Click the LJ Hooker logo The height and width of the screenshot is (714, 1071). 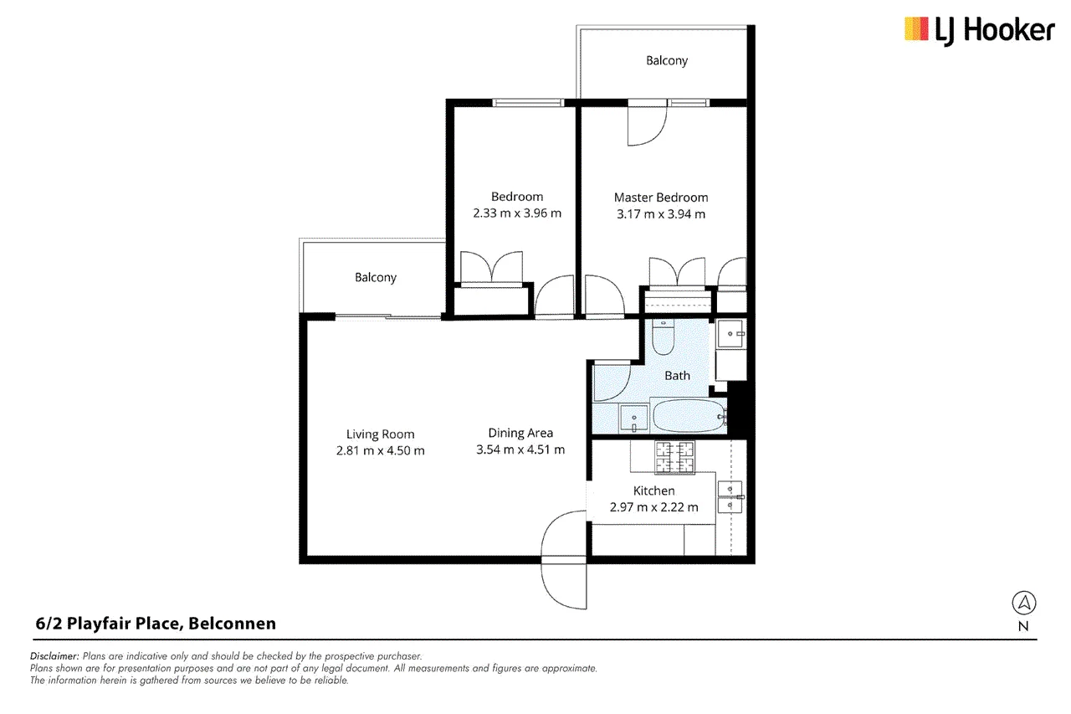coord(979,31)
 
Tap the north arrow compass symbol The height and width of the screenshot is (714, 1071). coord(1023,603)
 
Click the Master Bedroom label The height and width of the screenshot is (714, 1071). coord(661,198)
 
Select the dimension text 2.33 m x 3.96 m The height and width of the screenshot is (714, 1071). coord(517,213)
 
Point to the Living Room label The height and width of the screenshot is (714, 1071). coord(380,434)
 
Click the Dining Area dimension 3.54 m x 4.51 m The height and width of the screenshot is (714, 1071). coord(520,449)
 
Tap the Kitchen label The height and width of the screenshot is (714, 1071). coord(653,491)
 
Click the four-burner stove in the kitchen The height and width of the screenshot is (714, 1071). coord(674,457)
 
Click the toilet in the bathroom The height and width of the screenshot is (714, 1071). coord(663,336)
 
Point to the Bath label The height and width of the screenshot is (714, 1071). coord(677,376)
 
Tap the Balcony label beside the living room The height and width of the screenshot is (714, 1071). coord(376,277)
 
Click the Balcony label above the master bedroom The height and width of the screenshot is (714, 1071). coord(667,61)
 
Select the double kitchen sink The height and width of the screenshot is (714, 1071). coord(730,497)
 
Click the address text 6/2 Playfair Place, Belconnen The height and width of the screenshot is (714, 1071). coord(156,624)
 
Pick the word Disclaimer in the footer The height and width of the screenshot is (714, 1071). coord(54,656)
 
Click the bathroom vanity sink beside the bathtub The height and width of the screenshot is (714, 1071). coord(633,418)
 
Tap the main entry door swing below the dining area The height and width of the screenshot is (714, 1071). coord(564,559)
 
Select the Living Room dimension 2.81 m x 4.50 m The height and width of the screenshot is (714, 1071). coord(380,450)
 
